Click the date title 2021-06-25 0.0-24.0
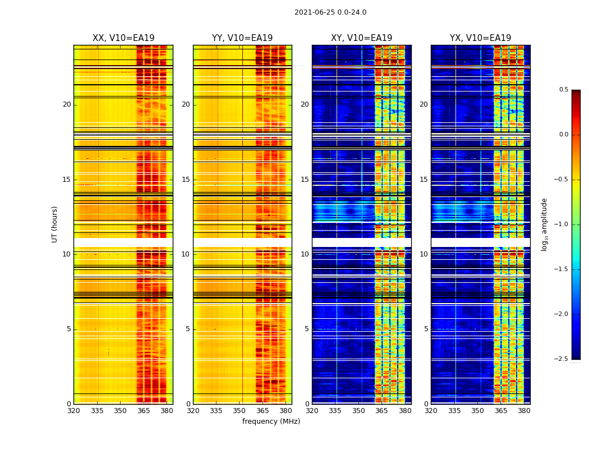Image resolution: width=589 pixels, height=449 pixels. click(330, 12)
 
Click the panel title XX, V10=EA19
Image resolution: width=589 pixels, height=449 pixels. click(123, 38)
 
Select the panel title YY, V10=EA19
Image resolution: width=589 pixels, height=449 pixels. click(242, 38)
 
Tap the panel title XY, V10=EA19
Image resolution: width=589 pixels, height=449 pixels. click(361, 38)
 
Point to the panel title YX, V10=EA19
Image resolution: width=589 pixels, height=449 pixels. click(480, 38)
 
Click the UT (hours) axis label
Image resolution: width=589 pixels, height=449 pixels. click(54, 224)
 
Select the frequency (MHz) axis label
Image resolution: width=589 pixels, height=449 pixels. click(271, 421)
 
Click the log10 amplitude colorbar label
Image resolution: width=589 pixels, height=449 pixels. click(544, 224)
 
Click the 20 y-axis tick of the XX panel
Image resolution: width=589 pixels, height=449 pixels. click(67, 104)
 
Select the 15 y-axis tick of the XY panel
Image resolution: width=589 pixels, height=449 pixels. click(305, 180)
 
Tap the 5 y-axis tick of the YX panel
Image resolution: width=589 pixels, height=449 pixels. click(426, 329)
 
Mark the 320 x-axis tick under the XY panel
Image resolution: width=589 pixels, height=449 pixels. click(312, 411)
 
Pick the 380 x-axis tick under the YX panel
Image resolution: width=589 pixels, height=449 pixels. click(524, 411)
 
